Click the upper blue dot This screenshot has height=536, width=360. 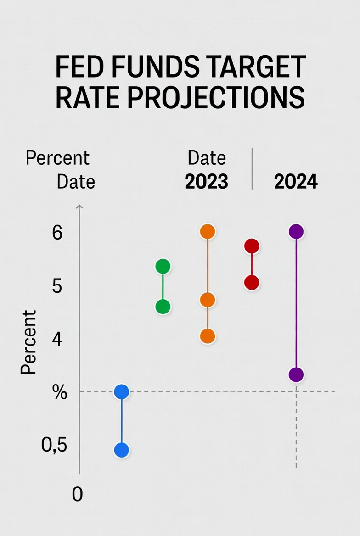[x=121, y=392]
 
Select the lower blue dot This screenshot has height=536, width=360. [x=121, y=450]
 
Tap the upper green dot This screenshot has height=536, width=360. [x=163, y=266]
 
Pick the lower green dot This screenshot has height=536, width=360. [x=163, y=306]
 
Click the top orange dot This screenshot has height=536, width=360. [x=208, y=232]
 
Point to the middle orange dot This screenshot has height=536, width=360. [x=208, y=300]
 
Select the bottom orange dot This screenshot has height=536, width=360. [x=208, y=336]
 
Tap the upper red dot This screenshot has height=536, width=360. [x=252, y=246]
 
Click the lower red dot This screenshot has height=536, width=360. [x=252, y=282]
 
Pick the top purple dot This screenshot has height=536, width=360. [x=296, y=232]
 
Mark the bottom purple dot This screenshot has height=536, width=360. [x=296, y=375]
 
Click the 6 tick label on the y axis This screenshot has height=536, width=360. [x=57, y=233]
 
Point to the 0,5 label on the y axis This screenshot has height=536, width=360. [x=54, y=445]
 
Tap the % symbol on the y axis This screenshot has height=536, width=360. [x=60, y=393]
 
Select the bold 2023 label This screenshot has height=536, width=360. [x=207, y=182]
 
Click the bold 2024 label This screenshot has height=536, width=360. [x=296, y=182]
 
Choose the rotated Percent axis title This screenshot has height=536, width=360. [x=28, y=342]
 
